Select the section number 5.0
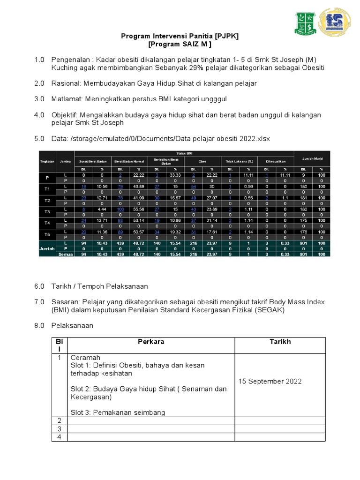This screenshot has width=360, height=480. coord(39,139)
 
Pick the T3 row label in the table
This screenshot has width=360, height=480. coord(47,211)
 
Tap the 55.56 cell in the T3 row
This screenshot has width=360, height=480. coord(138,209)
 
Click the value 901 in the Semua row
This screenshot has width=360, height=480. coord(303,254)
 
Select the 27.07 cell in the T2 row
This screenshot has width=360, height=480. coord(211,197)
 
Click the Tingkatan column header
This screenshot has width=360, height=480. coord(47,161)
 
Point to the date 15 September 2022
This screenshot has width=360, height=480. coord(270,381)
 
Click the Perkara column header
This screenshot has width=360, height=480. coord(151,342)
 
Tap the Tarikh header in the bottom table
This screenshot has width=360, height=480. coord(280,342)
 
